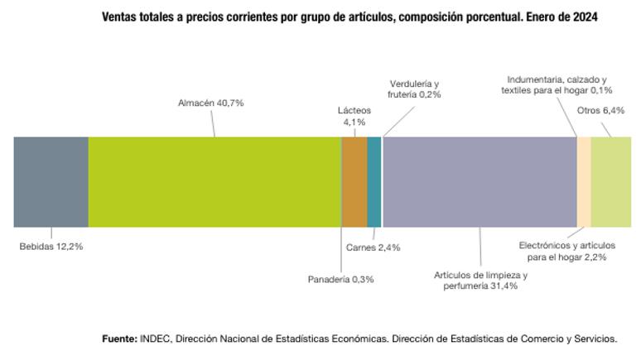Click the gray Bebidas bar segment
[x=51, y=182]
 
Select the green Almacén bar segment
[x=214, y=182]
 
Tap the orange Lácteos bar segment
[x=354, y=182]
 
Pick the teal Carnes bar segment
[x=374, y=182]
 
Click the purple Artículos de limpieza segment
[x=480, y=182]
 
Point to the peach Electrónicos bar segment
[x=584, y=182]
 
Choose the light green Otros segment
[x=611, y=182]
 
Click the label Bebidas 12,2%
[x=51, y=246]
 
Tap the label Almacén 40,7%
[x=211, y=103]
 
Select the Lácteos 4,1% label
[x=354, y=116]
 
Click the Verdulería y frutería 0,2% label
[x=415, y=89]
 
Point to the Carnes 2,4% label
[x=373, y=247]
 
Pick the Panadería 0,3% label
[x=340, y=279]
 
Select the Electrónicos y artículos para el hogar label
[x=567, y=251]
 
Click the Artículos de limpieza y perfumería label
[x=480, y=280]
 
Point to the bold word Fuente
[x=119, y=338]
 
